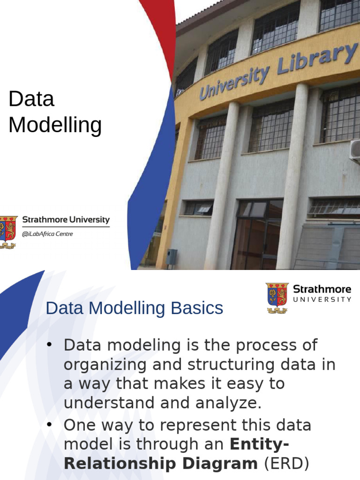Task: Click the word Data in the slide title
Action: [31, 99]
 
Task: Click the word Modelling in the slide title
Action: [55, 125]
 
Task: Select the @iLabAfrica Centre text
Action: [47, 234]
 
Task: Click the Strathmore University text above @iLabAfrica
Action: [66, 219]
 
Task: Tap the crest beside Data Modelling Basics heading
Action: [277, 298]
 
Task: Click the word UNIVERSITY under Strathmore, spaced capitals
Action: [322, 300]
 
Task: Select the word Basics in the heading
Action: [197, 308]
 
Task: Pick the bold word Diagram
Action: [220, 464]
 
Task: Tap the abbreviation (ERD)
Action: [286, 464]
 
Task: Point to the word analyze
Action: [229, 403]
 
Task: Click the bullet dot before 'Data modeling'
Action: [49, 345]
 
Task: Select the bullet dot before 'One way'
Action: [49, 425]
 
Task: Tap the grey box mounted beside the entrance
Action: [172, 256]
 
